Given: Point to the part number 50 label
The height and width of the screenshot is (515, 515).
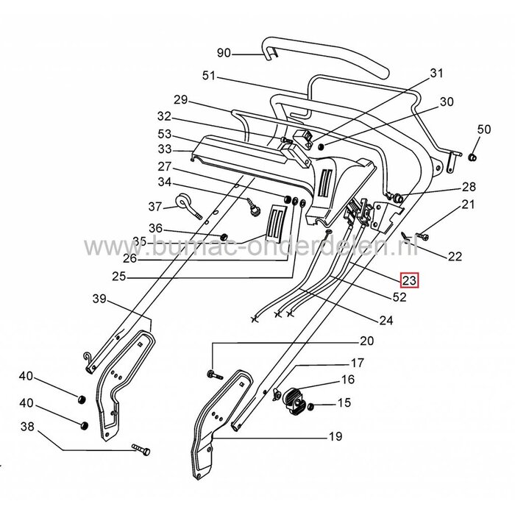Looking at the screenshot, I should [x=483, y=129].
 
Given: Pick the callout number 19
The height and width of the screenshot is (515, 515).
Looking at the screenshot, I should [x=335, y=436].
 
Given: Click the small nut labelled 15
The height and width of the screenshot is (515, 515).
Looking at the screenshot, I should [x=314, y=405].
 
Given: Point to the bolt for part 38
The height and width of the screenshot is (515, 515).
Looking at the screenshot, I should [x=142, y=448].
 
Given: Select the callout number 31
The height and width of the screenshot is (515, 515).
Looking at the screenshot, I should [x=438, y=74].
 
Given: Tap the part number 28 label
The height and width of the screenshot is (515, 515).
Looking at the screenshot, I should [x=469, y=187].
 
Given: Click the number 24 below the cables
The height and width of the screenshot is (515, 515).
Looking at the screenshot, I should [x=386, y=320].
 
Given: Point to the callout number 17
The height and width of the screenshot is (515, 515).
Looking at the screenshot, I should [x=357, y=363].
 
